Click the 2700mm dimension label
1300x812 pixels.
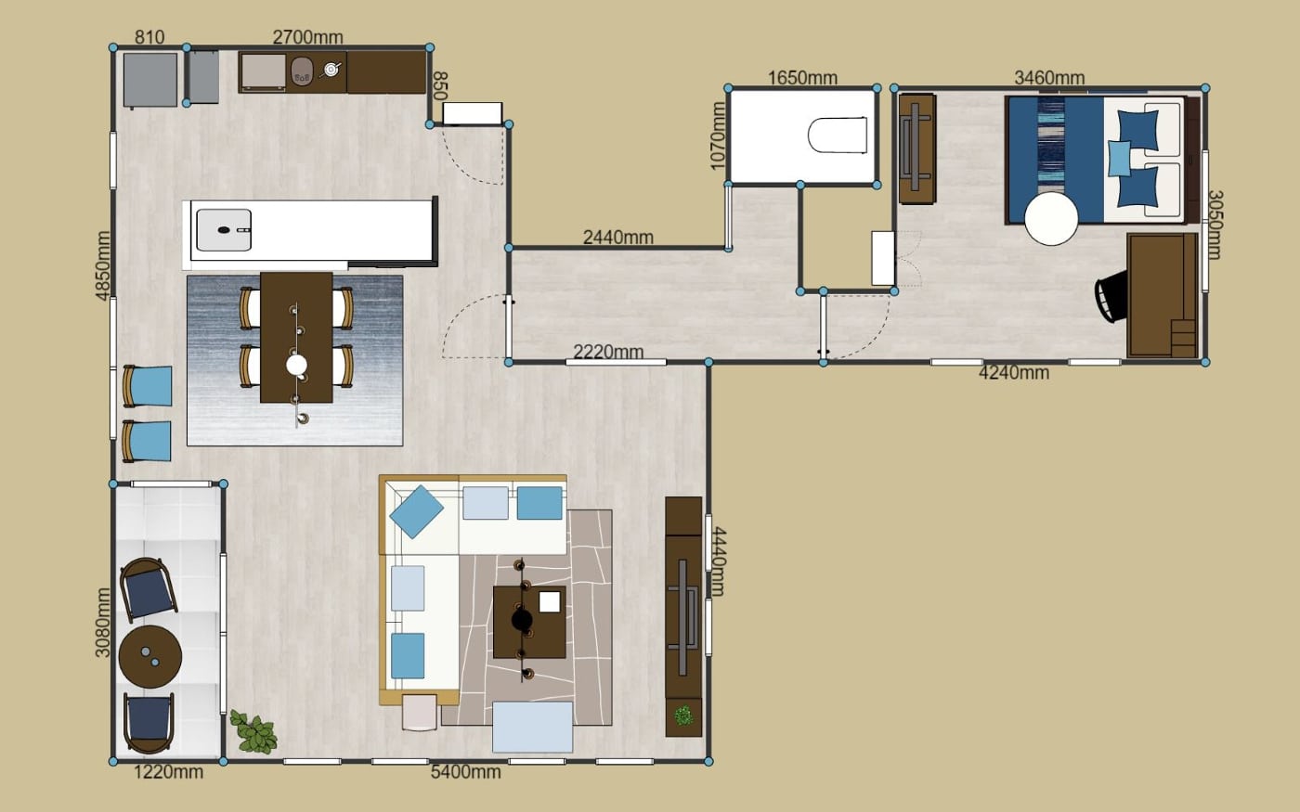[x=307, y=37]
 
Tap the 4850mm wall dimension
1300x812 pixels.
[x=103, y=266]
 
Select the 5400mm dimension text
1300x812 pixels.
[x=465, y=772]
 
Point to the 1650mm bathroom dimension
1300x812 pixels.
[x=802, y=78]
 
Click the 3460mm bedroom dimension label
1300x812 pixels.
[x=1049, y=77]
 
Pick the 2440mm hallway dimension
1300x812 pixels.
[x=618, y=238]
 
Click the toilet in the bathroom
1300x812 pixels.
[x=838, y=135]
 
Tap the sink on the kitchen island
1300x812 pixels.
[x=224, y=230]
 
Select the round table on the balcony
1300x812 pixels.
[x=150, y=657]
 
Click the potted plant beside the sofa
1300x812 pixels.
[x=253, y=732]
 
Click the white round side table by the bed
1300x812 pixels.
[x=1051, y=219]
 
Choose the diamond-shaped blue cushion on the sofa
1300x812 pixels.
[x=416, y=512]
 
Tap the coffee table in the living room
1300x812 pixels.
[x=529, y=622]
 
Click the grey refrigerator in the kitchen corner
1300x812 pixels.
[x=150, y=80]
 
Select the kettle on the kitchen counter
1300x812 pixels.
[x=330, y=71]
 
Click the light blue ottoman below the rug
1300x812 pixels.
[x=533, y=727]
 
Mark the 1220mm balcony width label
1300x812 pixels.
[x=168, y=772]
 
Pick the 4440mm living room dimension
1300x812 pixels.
[x=719, y=561]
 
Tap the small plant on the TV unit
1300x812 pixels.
[x=683, y=715]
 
